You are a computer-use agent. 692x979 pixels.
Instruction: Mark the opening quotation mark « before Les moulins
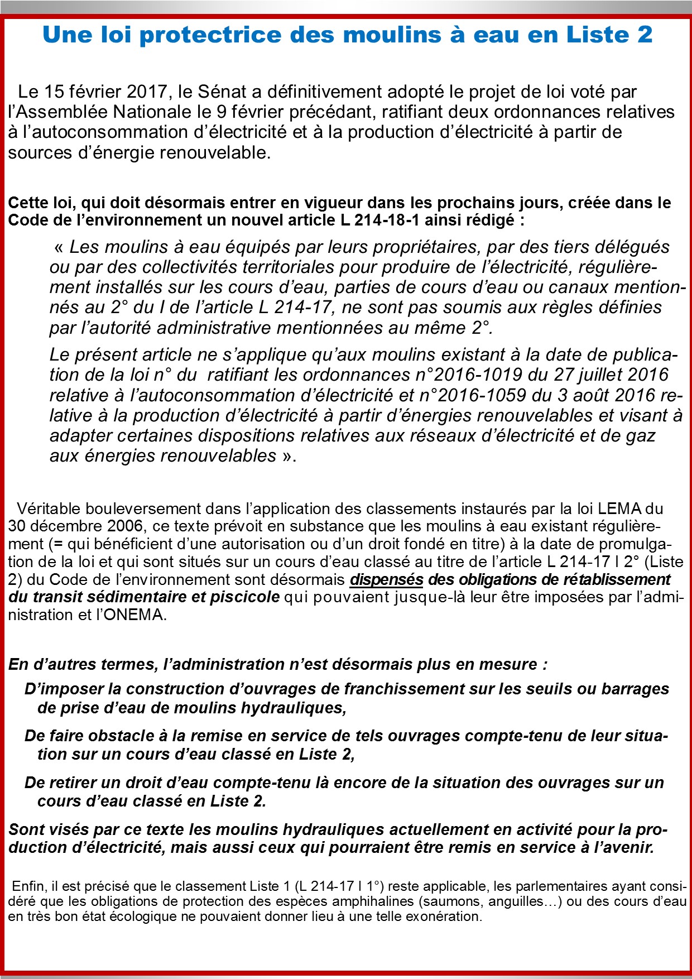coord(59,247)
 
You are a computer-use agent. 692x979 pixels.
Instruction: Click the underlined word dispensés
coord(386,579)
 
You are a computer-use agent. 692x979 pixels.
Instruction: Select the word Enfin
coord(29,886)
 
